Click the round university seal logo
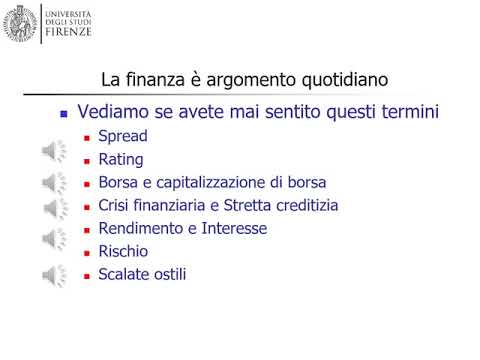21,22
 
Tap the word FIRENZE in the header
68,32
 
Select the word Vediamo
116,113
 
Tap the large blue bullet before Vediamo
65,115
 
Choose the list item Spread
123,136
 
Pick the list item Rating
121,159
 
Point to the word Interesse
234,228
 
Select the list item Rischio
123,251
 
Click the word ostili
168,274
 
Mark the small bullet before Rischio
87,252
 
